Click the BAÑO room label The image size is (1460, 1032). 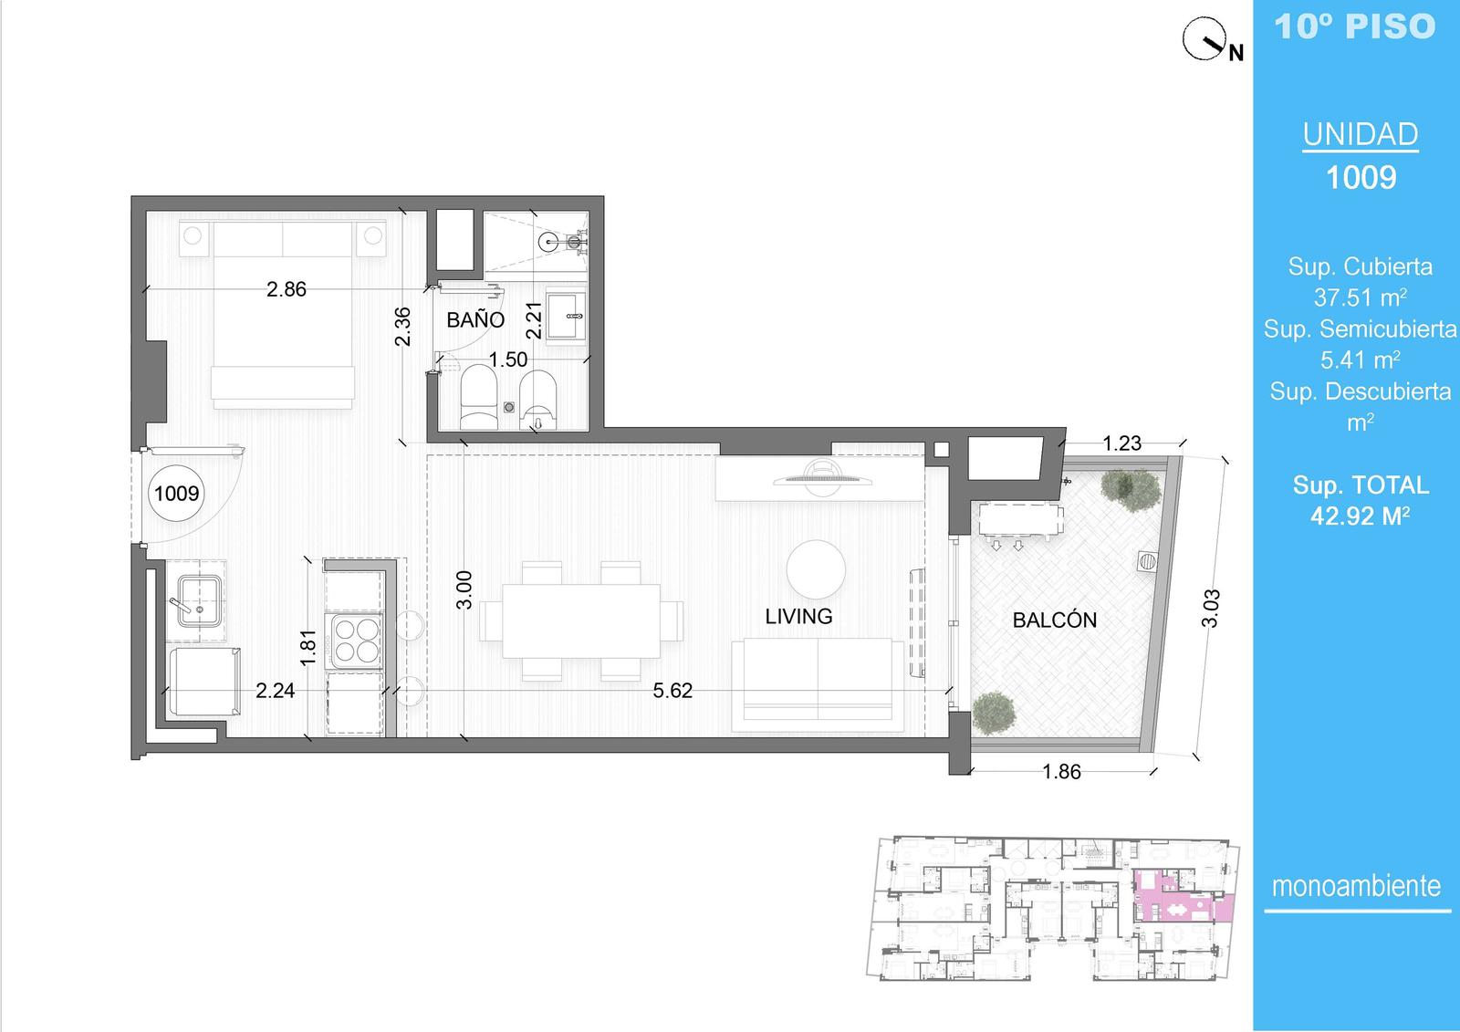(x=475, y=319)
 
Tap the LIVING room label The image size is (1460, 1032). (x=798, y=616)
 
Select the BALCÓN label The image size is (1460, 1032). (x=1055, y=620)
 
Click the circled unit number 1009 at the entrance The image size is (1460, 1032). (x=177, y=493)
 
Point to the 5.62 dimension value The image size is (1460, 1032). (x=673, y=691)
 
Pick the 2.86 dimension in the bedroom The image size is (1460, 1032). (x=287, y=289)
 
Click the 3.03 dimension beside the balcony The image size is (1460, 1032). (x=1210, y=609)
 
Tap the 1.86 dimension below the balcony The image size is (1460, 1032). (x=1062, y=772)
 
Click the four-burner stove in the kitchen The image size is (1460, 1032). (x=356, y=641)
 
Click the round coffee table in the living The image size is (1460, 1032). (x=816, y=569)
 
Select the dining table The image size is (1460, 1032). (x=580, y=620)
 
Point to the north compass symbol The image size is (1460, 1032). (x=1205, y=39)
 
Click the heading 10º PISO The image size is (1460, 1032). (x=1355, y=26)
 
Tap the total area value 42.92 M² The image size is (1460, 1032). (x=1361, y=516)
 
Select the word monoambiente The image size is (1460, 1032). (x=1356, y=886)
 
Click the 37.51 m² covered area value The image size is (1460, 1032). (x=1361, y=297)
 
